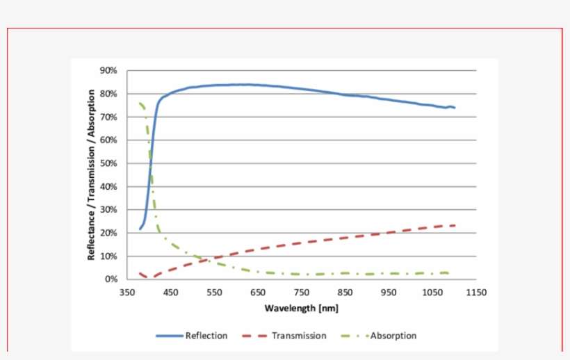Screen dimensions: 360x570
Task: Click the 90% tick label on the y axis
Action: (109, 70)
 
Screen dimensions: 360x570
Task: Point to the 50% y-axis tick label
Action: (109, 163)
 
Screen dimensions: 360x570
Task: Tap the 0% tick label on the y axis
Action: (111, 279)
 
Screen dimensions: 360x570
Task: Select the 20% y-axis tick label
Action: (109, 233)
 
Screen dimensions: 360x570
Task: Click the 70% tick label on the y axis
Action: (109, 117)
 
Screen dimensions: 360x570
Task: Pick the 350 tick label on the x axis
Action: (127, 293)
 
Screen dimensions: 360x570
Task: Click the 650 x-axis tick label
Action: (258, 293)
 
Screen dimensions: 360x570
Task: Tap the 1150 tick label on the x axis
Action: (476, 293)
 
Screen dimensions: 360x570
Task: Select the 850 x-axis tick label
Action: (345, 293)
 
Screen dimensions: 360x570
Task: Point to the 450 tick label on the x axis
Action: (171, 293)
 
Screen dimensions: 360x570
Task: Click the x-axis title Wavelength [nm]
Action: (302, 307)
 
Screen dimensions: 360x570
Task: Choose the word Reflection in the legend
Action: (206, 336)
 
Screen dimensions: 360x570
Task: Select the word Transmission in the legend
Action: (299, 336)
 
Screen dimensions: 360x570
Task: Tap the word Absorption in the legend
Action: (393, 336)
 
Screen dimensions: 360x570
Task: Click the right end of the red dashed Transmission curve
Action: (455, 225)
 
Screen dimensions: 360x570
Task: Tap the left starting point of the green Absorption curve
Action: (140, 104)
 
